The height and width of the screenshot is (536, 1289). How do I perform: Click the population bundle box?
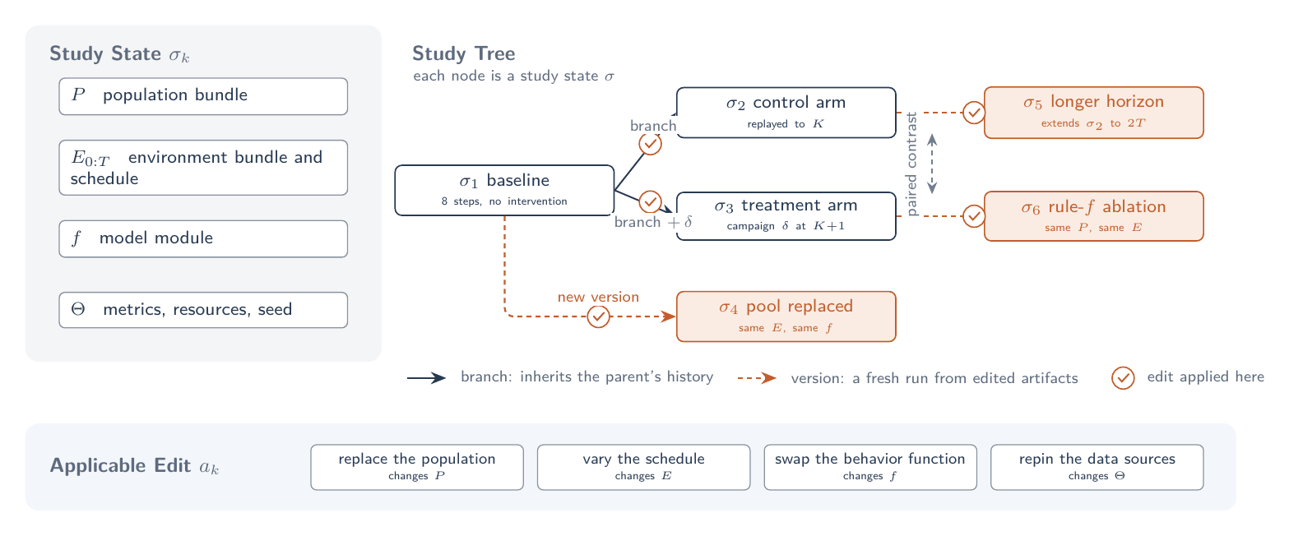point(203,96)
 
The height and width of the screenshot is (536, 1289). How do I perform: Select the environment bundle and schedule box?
point(203,168)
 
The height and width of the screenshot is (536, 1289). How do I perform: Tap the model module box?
point(203,238)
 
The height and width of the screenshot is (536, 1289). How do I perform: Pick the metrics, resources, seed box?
point(203,310)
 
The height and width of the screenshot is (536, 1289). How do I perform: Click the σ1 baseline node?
point(504,191)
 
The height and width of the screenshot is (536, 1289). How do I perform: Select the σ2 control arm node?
point(786,113)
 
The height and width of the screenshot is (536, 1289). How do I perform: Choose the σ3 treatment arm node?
point(786,215)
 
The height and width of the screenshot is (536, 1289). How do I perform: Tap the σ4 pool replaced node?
point(786,317)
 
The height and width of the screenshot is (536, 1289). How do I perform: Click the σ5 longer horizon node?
point(1093,113)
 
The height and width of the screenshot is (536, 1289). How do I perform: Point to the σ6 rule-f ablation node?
point(1093,216)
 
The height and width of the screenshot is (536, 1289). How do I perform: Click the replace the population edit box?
point(417,467)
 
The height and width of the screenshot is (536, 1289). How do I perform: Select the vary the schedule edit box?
point(644,467)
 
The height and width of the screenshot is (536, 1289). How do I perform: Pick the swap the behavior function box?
point(870,467)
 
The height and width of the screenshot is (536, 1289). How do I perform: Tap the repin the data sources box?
point(1097,467)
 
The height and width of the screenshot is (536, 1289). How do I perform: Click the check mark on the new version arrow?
point(599,317)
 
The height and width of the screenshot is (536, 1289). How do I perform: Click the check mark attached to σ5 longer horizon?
point(974,113)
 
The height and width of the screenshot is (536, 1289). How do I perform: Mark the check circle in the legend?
point(1123,378)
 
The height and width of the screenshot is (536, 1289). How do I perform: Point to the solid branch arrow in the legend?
point(426,378)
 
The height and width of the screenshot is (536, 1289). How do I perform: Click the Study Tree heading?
point(464,53)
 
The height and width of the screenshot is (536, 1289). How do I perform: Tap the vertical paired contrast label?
point(911,164)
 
